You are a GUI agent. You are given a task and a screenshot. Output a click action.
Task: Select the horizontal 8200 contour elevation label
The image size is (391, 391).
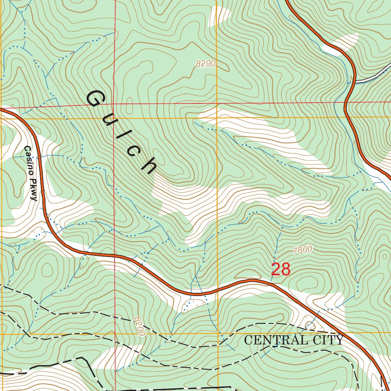click(x=206, y=64)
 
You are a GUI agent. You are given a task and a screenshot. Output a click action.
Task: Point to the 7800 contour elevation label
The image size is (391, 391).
click(x=303, y=250)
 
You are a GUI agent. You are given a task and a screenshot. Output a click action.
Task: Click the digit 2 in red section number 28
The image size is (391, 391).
click(x=276, y=270)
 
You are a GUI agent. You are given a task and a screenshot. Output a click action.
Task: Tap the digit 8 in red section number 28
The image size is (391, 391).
click(x=286, y=270)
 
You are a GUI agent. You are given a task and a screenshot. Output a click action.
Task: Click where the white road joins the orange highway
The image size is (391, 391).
click(x=355, y=81)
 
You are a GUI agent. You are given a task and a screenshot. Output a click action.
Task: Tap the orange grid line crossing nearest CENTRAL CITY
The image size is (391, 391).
click(x=217, y=333)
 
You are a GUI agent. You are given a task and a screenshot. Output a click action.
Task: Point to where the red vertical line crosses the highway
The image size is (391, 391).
click(x=115, y=255)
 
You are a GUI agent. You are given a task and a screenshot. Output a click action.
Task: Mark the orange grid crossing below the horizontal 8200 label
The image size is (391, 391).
click(x=217, y=118)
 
